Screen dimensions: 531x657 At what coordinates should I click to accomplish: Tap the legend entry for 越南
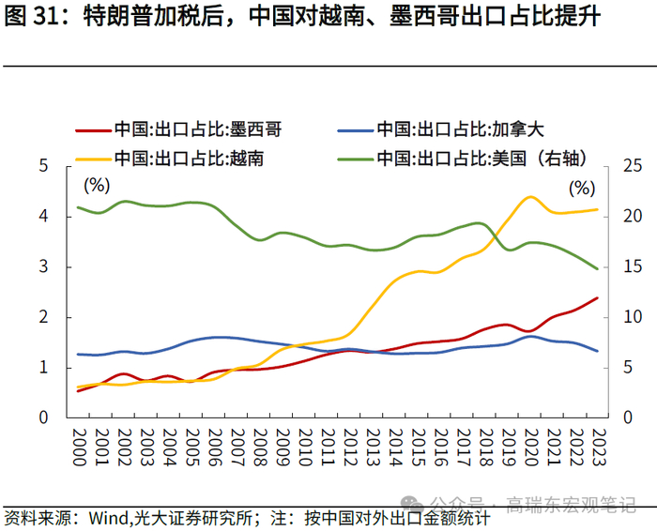[x=188, y=157]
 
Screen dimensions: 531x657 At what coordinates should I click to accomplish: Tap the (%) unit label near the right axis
[x=582, y=188]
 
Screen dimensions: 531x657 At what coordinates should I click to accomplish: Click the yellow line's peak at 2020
[x=530, y=197]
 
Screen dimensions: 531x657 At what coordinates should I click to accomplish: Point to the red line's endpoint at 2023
[x=598, y=298]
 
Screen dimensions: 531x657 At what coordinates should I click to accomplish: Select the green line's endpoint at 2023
[x=598, y=268]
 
